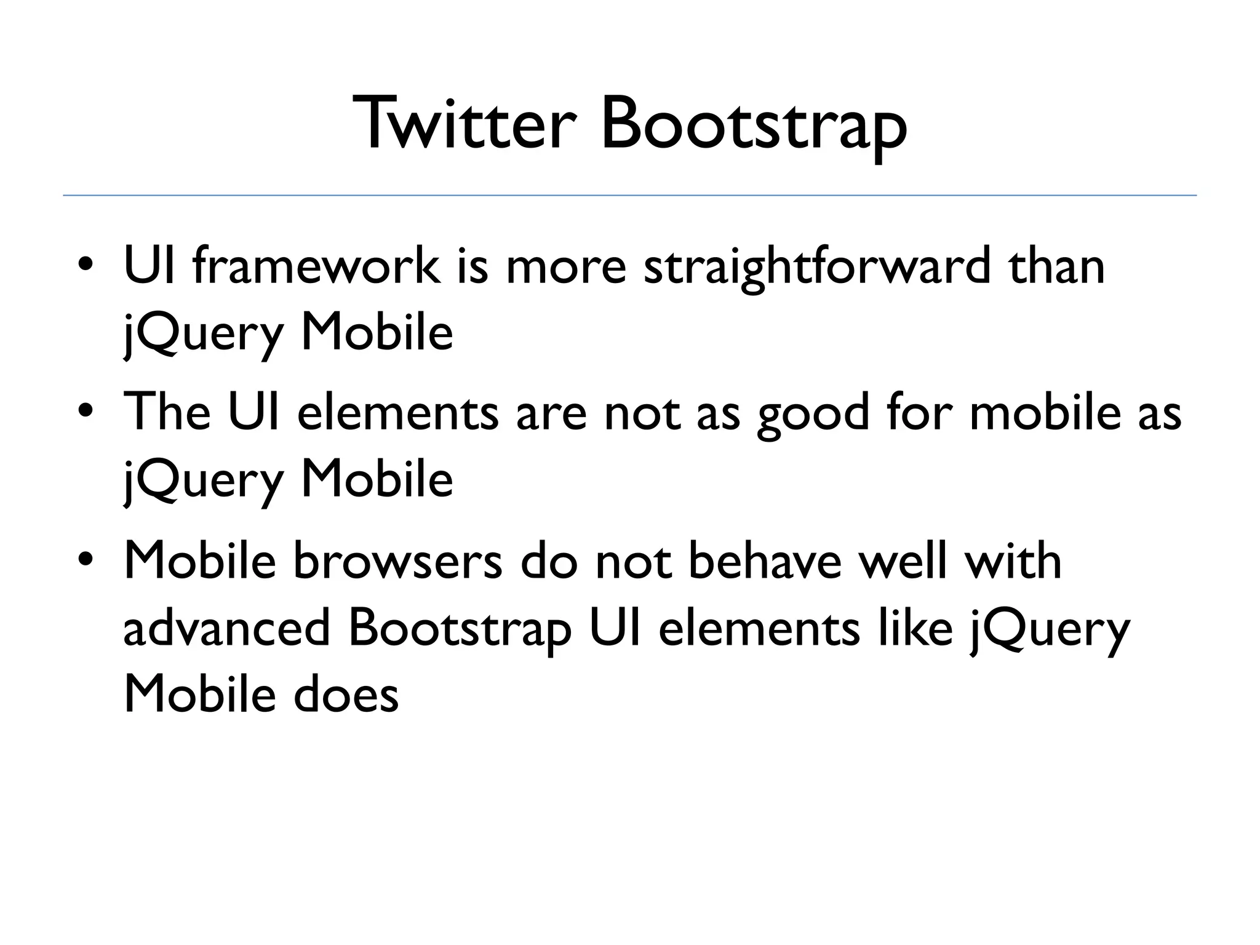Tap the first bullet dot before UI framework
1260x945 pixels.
pos(86,266)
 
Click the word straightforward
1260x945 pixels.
pos(816,268)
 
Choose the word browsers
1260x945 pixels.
pos(397,561)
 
